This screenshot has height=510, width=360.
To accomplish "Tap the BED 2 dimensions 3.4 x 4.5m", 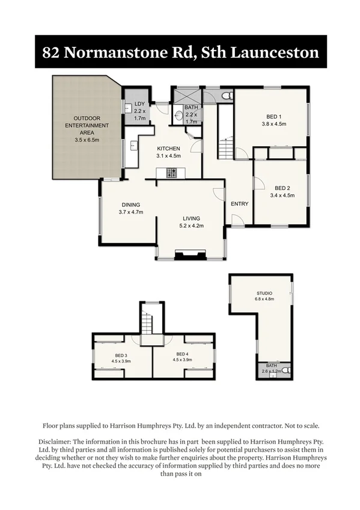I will [282, 195].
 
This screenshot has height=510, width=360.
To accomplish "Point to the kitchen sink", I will [132, 146].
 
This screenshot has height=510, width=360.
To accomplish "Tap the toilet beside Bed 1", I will [226, 96].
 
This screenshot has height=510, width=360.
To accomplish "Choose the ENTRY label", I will [239, 203].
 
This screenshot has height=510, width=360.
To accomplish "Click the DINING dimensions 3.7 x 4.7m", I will [130, 212].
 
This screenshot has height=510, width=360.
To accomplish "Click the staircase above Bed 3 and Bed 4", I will [148, 325].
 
